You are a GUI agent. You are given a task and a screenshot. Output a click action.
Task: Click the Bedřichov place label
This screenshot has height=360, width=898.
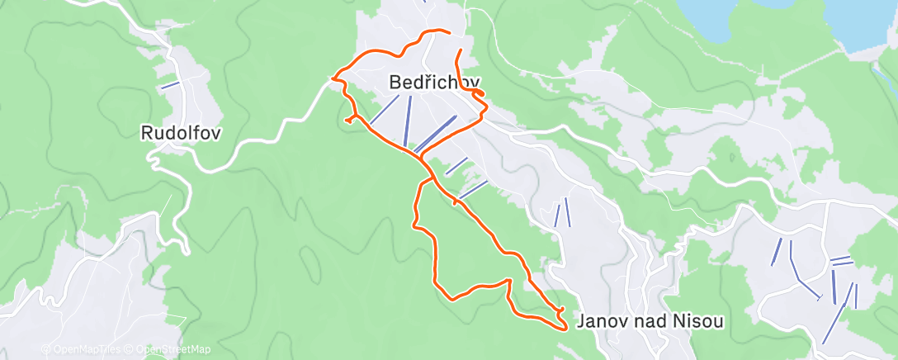(x=433, y=83)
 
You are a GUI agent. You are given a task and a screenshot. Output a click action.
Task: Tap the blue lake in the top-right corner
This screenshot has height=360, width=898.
(x=866, y=25)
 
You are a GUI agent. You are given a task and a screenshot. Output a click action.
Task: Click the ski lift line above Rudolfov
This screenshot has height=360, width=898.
(x=170, y=84)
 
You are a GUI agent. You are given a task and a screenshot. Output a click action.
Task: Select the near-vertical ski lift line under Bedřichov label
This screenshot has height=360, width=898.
(x=407, y=120)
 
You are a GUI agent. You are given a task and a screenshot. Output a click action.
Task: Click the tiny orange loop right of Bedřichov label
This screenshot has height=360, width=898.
(x=478, y=96)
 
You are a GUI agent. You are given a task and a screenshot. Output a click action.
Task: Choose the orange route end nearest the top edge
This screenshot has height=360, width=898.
(x=448, y=32)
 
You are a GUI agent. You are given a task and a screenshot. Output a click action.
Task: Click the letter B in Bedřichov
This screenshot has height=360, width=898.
(x=395, y=83)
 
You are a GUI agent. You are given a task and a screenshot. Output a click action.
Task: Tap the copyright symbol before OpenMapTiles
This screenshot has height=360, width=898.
(x=45, y=350)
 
